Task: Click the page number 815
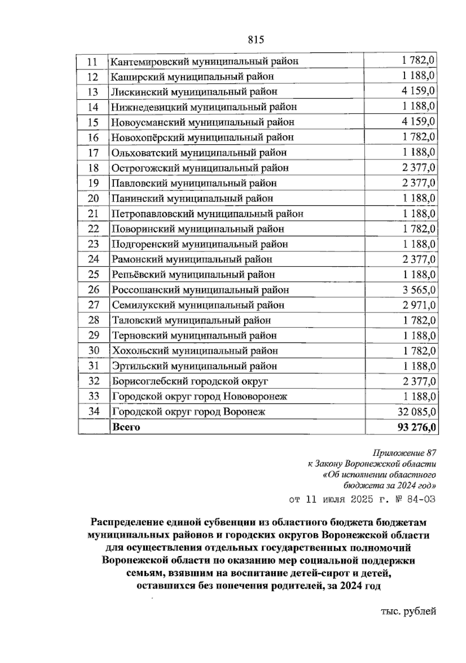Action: (255, 40)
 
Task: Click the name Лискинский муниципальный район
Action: (194, 92)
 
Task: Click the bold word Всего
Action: (126, 427)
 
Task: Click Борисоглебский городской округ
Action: (190, 381)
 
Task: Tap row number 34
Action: (94, 411)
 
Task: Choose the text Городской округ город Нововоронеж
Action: (200, 396)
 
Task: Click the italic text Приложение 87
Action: (404, 453)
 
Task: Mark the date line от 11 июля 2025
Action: (362, 499)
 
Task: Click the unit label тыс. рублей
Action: (408, 611)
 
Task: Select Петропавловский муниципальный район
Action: (207, 214)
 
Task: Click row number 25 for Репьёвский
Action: (94, 275)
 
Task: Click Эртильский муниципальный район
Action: (195, 366)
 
